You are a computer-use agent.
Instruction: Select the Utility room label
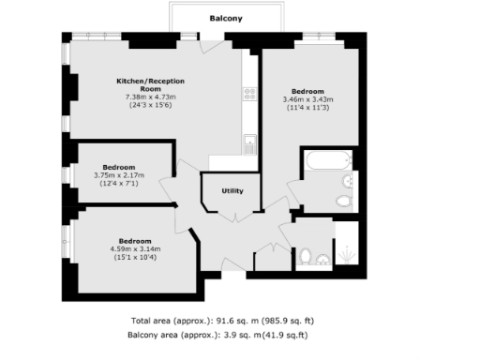pos(232,191)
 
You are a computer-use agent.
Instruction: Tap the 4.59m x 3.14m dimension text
pos(135,248)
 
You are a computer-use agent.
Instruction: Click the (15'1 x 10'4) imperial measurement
pos(135,257)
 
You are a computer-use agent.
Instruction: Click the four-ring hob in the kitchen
pos(250,93)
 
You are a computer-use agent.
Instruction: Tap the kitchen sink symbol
pos(250,145)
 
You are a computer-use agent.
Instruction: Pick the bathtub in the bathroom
pos(323,161)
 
